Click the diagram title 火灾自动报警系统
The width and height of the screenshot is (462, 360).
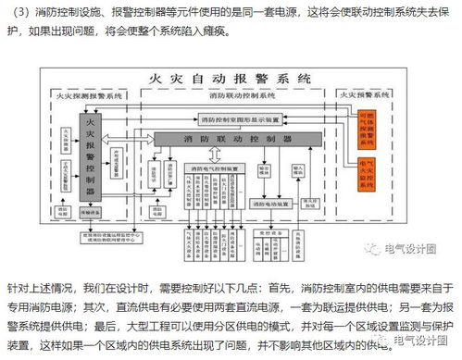coord(229,78)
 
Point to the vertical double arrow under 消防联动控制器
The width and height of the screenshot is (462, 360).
coord(215,154)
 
